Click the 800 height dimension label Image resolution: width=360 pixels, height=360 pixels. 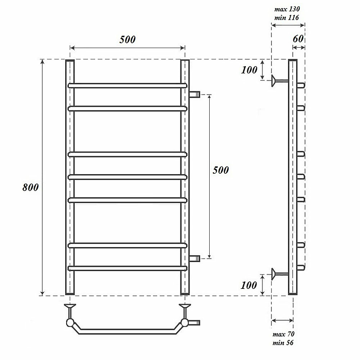point(30,187)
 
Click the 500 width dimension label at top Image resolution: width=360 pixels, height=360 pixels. point(127,40)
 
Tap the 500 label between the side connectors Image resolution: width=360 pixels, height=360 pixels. point(220,170)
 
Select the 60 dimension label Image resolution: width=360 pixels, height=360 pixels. point(298,39)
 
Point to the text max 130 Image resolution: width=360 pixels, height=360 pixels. point(287,9)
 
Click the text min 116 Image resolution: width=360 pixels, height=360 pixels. point(287,18)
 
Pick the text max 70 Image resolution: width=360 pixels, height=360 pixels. point(283,334)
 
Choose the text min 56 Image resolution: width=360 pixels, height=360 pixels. point(283,343)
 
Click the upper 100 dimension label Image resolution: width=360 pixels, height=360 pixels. point(249,70)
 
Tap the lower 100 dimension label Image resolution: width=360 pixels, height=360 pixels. point(249,285)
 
